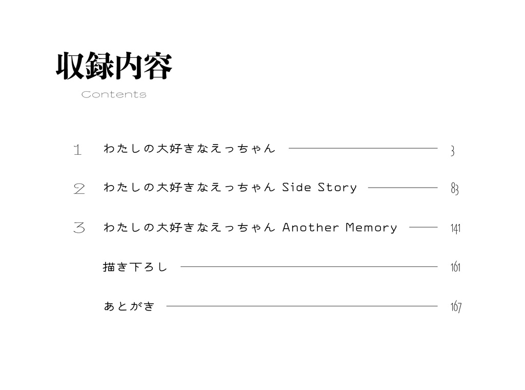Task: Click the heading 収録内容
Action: click(114, 66)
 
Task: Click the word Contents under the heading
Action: click(114, 94)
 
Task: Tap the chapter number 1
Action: click(78, 150)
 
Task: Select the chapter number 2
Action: click(79, 189)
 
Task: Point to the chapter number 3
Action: click(79, 228)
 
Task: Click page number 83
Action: click(455, 189)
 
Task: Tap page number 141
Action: click(455, 228)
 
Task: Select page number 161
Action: click(455, 267)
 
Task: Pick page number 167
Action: click(456, 306)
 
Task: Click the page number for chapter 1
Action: click(453, 151)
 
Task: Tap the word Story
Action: click(337, 188)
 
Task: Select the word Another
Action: click(311, 228)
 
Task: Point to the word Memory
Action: click(371, 228)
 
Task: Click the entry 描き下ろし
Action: click(135, 267)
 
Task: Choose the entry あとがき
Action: click(129, 306)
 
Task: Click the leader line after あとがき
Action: click(302, 306)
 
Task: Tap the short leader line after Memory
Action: click(423, 228)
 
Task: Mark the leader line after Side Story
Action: click(403, 188)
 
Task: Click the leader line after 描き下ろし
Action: click(309, 267)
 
